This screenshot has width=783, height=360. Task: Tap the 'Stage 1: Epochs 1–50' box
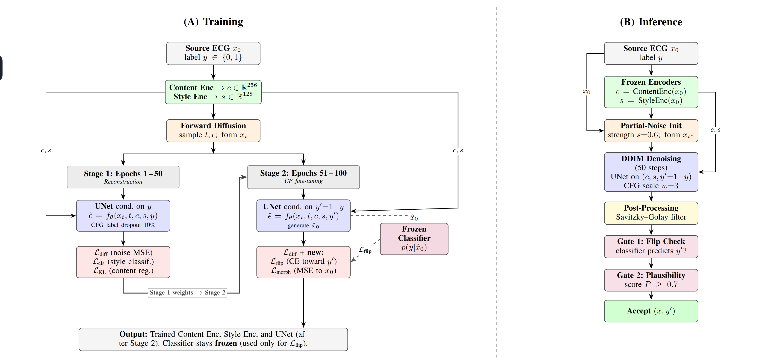[123, 177]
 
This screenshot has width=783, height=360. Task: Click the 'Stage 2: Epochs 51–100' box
[303, 177]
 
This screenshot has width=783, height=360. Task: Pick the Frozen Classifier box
[414, 239]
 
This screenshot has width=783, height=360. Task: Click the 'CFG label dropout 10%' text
[123, 225]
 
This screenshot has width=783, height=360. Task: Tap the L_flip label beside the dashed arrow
[365, 250]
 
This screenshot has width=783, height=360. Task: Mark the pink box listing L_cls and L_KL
[123, 262]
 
